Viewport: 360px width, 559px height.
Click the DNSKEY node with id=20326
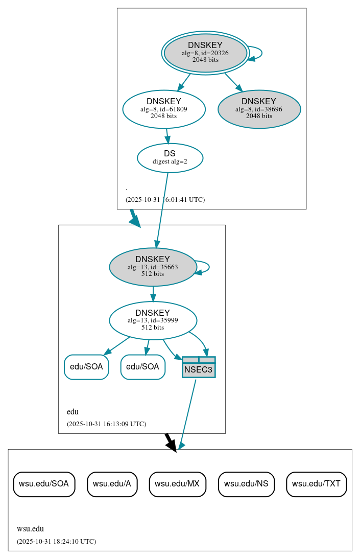point(205,53)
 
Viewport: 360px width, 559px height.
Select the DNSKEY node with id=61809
point(164,109)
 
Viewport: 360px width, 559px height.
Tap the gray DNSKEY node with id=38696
point(259,109)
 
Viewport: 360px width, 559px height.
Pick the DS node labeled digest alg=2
point(170,157)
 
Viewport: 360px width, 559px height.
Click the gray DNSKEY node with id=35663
point(153,267)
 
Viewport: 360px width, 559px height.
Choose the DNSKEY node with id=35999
point(153,320)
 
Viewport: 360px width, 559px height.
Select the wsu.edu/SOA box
point(44,483)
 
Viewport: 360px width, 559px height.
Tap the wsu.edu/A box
point(112,483)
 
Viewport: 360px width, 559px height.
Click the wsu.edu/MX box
point(177,483)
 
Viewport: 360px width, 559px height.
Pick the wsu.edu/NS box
point(246,483)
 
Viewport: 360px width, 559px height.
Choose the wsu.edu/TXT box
point(317,483)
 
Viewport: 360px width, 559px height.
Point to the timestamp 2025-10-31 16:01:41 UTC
point(165,200)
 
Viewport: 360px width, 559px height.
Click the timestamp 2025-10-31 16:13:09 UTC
point(106,424)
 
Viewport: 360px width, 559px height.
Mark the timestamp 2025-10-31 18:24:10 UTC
point(56,541)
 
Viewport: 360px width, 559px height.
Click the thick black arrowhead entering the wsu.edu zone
point(172,445)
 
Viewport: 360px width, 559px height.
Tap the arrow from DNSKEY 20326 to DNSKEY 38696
point(233,82)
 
